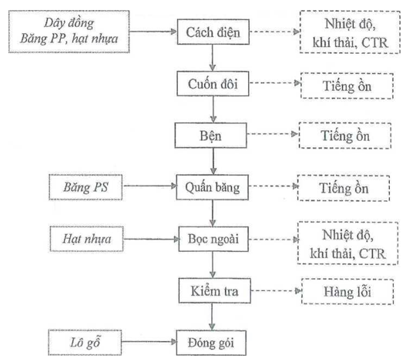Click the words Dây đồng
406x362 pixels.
coord(69,23)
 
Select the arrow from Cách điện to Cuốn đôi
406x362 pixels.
coord(213,58)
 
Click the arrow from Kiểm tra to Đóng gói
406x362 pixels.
coord(213,317)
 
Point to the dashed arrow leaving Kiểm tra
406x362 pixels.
coord(276,291)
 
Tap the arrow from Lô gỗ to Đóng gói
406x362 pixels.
coord(149,342)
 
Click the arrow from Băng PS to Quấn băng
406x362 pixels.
coord(149,186)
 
